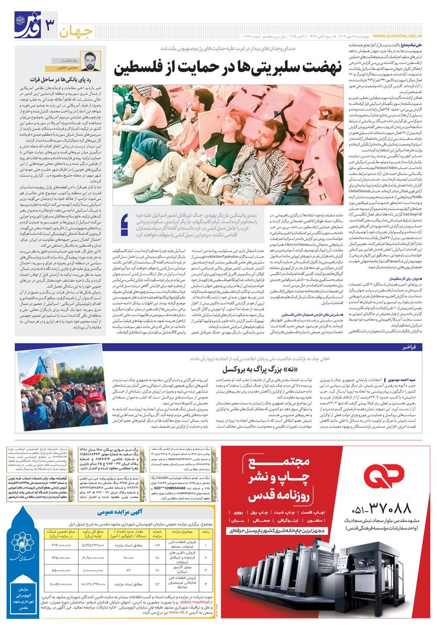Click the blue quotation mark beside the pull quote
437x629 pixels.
coord(125,225)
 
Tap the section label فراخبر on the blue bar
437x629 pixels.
coord(409,347)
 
